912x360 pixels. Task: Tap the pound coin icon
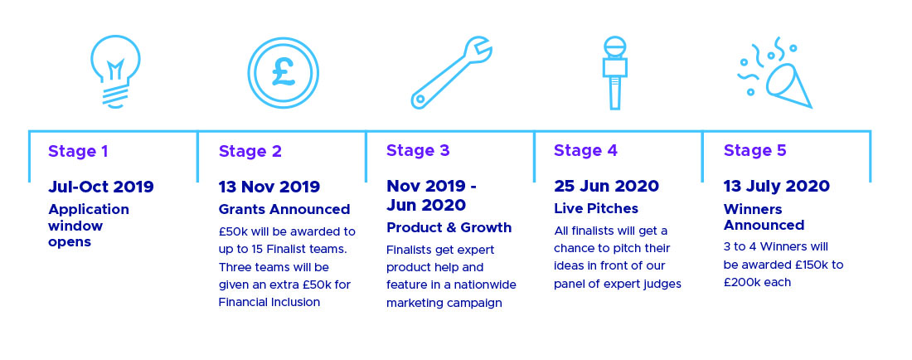click(284, 73)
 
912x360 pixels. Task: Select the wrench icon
click(451, 73)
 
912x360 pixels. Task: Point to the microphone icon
click(614, 73)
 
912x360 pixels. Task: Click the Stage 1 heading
click(78, 151)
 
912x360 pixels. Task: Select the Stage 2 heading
click(250, 151)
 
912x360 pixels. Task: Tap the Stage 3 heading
click(418, 151)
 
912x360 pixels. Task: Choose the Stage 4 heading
click(585, 151)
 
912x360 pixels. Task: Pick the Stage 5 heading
click(754, 151)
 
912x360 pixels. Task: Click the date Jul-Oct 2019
click(100, 187)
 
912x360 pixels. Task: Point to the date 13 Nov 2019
click(269, 187)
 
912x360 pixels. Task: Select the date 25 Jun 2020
click(606, 186)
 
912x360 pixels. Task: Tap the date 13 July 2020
click(777, 186)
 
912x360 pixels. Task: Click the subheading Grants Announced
click(284, 209)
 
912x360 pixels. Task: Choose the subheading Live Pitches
click(595, 209)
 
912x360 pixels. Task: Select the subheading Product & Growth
click(449, 227)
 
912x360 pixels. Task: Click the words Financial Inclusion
click(269, 303)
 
